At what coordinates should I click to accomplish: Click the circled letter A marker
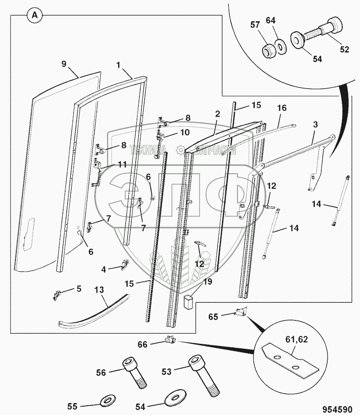tap(35, 15)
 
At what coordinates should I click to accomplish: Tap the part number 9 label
tap(64, 64)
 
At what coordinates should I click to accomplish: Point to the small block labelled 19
tap(188, 302)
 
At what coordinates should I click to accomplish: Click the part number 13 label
tap(100, 289)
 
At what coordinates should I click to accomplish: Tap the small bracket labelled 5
tap(57, 294)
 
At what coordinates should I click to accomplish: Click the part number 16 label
tap(282, 107)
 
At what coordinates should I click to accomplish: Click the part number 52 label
tap(344, 49)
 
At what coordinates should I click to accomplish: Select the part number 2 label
tap(218, 114)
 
